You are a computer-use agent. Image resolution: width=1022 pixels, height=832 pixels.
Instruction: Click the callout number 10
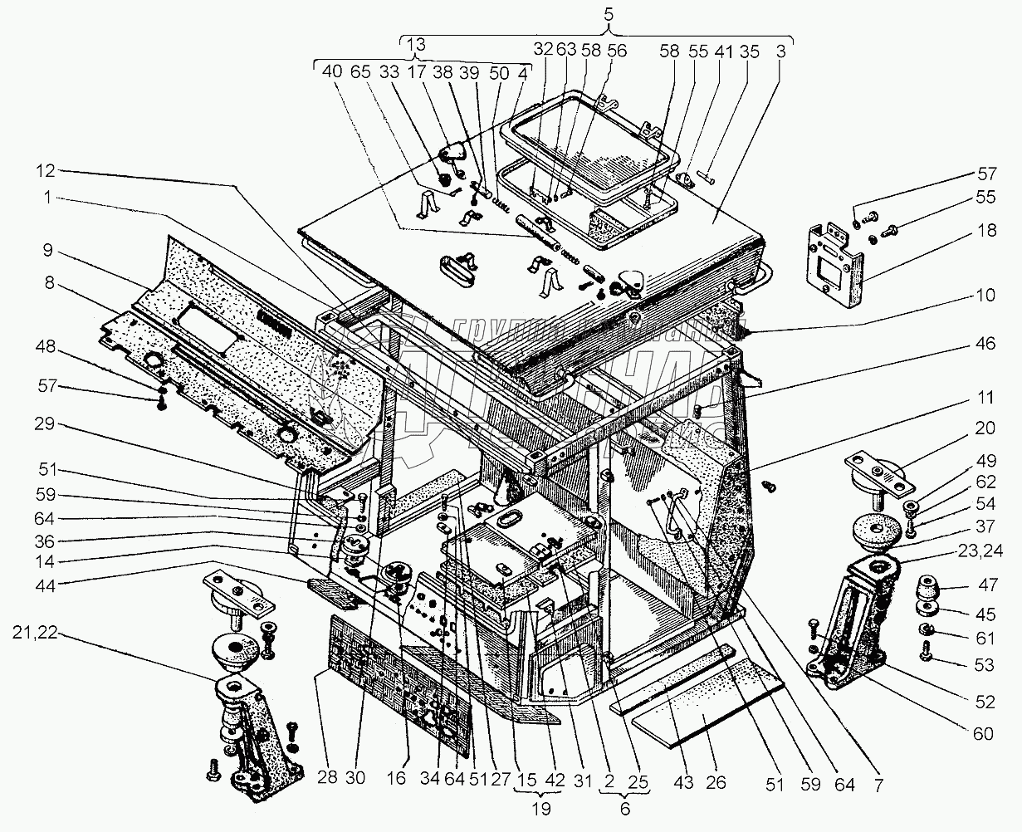click(985, 295)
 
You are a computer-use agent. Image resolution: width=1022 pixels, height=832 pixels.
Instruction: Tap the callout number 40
click(332, 72)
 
